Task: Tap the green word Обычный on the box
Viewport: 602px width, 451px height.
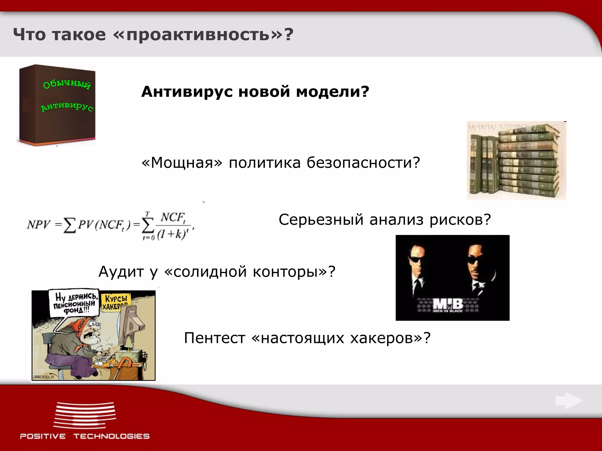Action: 67,84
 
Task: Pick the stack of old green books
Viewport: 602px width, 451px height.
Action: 516,161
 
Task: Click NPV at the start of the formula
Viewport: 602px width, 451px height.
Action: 39,225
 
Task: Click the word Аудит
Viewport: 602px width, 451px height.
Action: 122,272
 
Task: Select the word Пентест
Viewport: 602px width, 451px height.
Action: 214,338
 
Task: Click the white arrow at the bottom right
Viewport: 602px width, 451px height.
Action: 569,401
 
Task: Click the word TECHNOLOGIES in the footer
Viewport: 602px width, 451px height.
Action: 111,436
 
